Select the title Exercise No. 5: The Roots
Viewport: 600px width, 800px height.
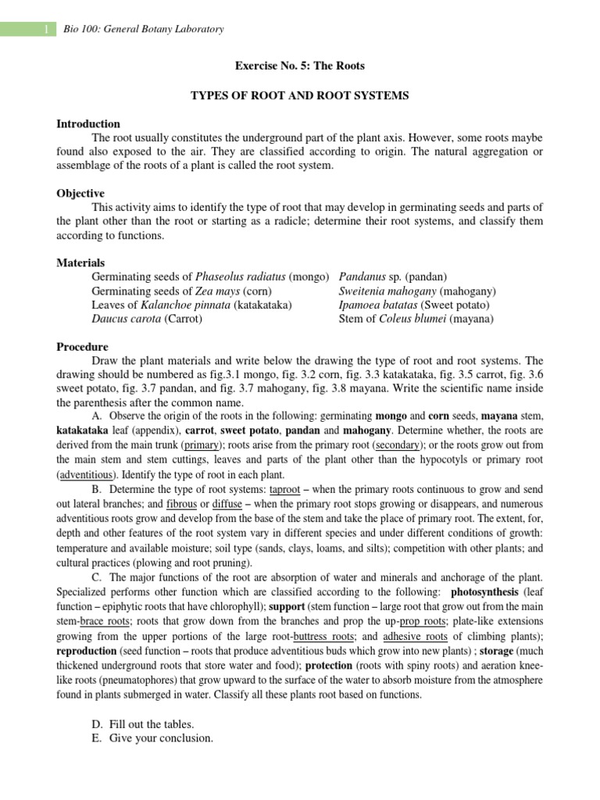tap(299, 66)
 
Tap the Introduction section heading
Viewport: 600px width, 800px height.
tap(88, 123)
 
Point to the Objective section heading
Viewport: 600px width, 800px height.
tap(80, 193)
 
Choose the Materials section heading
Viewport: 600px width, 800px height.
tap(80, 262)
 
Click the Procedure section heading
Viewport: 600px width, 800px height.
tap(83, 346)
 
